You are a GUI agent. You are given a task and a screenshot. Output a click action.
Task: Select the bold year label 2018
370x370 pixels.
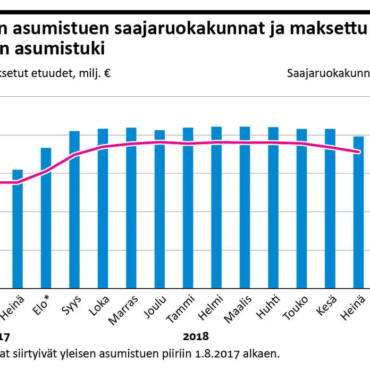[196, 337]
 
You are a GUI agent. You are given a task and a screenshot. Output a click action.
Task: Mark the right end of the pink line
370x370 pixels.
[359, 152]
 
